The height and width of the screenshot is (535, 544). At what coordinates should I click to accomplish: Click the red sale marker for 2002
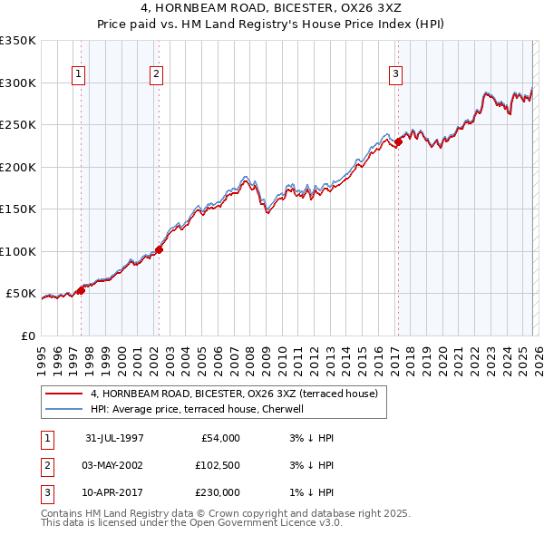159,249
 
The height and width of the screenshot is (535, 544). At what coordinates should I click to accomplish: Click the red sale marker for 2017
398,141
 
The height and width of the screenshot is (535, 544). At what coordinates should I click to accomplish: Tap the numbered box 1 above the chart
80,74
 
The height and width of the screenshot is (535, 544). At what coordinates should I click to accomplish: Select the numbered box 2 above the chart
157,74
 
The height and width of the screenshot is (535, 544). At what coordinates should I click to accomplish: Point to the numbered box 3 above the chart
396,74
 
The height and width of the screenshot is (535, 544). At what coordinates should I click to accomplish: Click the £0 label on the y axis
27,336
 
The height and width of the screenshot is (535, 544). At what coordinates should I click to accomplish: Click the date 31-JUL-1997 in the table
114,438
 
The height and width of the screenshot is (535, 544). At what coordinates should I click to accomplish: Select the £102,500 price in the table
218,465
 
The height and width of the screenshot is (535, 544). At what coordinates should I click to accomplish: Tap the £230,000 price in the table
218,492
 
